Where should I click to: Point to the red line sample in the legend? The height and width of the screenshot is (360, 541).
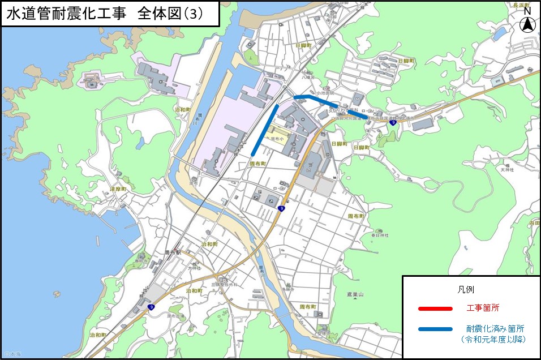click(x=435, y=308)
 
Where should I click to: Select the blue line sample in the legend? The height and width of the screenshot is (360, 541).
click(x=435, y=329)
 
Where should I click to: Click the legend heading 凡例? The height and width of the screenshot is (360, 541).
click(x=465, y=289)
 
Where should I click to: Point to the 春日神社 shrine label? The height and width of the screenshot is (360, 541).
click(x=381, y=235)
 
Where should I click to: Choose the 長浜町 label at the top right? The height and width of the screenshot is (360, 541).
click(x=521, y=5)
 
